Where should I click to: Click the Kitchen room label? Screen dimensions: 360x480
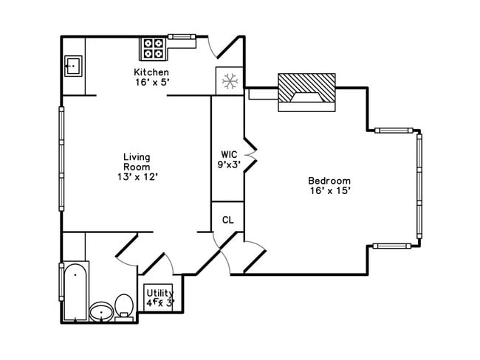point(151,72)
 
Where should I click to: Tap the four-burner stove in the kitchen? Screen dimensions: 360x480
point(154,49)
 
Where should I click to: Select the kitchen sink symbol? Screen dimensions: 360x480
point(73,66)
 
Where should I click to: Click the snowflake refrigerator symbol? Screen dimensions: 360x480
point(228,80)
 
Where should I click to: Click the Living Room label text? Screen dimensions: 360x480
point(137,162)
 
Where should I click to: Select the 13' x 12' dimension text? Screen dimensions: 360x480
point(137,177)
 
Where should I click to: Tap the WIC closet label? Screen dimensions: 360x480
point(227,154)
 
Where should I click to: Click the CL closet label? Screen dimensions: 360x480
point(227,219)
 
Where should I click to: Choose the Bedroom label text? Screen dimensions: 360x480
point(329,181)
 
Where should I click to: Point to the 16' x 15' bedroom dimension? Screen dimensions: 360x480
point(329,190)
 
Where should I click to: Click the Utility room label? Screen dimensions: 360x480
point(160,293)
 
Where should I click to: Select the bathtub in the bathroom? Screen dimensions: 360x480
point(74,291)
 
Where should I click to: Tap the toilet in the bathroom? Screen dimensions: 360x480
point(124,307)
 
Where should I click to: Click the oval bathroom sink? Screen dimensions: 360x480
point(101,313)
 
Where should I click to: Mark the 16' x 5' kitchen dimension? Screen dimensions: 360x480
point(151,82)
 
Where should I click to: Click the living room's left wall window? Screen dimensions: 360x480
point(61,159)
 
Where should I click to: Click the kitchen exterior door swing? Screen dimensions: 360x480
point(225,48)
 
